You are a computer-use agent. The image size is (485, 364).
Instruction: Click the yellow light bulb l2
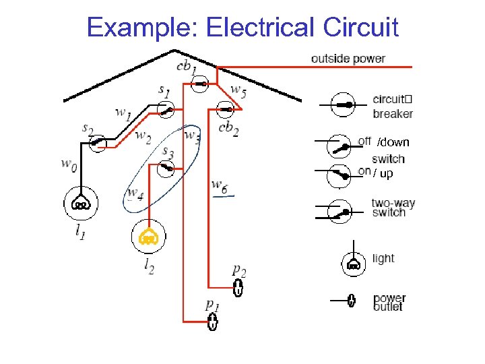(x=148, y=237)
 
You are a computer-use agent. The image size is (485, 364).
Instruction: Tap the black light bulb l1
(x=81, y=203)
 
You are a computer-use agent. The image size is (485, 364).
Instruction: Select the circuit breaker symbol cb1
(x=200, y=84)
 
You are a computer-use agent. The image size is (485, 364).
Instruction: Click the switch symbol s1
(x=164, y=109)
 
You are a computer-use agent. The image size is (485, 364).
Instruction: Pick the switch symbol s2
(x=98, y=142)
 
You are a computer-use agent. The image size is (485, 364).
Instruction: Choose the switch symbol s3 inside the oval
(x=164, y=169)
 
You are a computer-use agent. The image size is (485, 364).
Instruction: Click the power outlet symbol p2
(x=238, y=288)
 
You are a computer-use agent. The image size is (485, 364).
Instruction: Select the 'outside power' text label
(x=348, y=59)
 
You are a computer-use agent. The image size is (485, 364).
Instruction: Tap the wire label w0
(x=69, y=163)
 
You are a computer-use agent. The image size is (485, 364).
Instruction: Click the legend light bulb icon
(x=352, y=264)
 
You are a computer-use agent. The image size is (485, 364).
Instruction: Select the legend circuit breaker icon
(x=344, y=105)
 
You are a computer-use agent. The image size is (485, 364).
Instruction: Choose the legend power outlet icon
(x=351, y=300)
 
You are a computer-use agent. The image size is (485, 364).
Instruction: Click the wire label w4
(x=135, y=195)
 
